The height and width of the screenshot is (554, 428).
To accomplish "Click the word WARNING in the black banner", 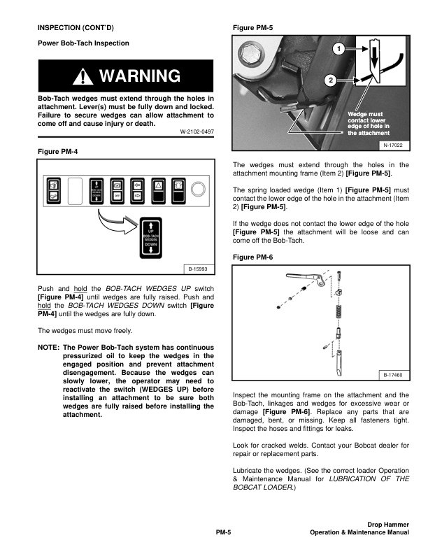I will (x=140, y=76).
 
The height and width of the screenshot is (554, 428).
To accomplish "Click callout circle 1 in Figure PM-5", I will (x=337, y=50).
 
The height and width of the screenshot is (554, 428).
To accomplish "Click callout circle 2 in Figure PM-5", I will (x=330, y=79).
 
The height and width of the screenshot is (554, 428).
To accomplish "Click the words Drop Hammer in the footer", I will (x=388, y=524).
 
